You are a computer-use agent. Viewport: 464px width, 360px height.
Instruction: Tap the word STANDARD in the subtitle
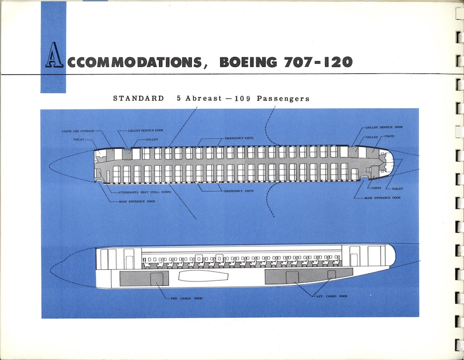click(138, 99)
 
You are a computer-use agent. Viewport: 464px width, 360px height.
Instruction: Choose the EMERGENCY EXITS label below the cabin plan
click(239, 191)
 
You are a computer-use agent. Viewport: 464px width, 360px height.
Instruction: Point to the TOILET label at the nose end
click(79, 139)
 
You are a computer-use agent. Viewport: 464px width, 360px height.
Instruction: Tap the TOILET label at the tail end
click(397, 189)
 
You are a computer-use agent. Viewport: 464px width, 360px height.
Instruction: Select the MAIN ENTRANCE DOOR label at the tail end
click(383, 198)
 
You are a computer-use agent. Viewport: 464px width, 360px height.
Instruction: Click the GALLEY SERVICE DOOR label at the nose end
click(145, 130)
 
